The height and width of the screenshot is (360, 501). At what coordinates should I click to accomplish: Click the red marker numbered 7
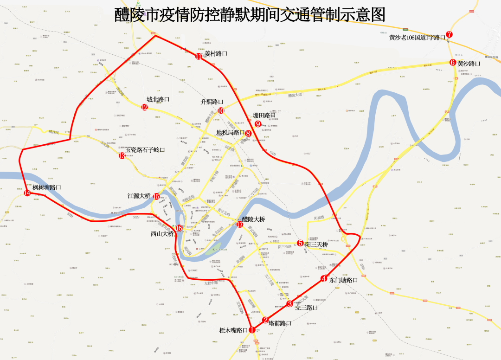point(449,34)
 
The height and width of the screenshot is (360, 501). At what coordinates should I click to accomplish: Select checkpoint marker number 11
point(199,57)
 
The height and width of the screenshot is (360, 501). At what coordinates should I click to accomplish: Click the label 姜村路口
point(216,53)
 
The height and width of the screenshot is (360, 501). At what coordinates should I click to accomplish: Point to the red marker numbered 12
point(145,108)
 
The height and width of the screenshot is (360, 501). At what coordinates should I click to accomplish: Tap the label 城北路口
point(158,100)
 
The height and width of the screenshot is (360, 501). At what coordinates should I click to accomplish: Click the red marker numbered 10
point(221,111)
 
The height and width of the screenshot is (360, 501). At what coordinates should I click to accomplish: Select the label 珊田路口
point(264,115)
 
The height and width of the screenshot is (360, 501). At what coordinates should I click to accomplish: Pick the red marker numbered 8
point(248,133)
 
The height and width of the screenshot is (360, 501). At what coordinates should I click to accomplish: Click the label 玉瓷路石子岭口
point(145,150)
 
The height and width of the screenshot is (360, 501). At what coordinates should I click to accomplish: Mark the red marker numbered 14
point(27,193)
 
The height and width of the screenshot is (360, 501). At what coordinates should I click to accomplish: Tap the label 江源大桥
point(139,196)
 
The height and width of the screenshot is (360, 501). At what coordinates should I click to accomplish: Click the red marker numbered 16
point(179,228)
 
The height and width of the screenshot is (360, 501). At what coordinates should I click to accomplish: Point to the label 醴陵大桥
point(253,219)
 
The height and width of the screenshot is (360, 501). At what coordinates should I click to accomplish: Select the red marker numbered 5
point(300,243)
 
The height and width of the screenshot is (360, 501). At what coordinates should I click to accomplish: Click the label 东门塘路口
point(344,280)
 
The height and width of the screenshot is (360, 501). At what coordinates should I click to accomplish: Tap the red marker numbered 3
point(289,304)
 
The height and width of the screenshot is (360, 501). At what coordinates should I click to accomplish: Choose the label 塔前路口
point(280,323)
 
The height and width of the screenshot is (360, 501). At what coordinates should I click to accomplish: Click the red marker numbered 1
point(252,330)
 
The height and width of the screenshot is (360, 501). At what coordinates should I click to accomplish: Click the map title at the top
point(250,15)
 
